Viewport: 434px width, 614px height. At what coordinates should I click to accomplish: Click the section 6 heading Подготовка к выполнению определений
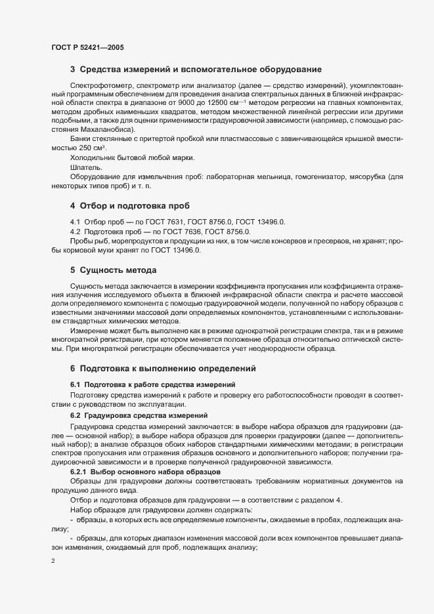coord(168,368)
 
